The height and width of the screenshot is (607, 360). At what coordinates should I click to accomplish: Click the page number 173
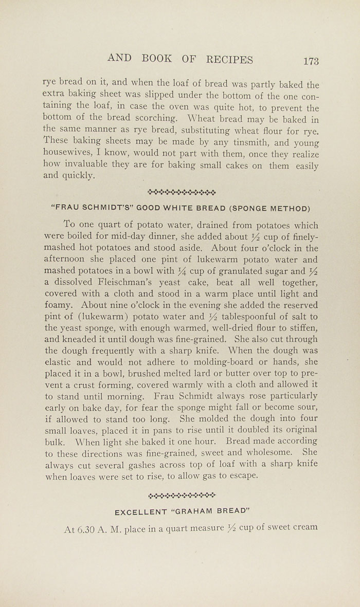click(311, 61)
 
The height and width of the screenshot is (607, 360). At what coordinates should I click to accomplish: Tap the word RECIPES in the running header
click(229, 60)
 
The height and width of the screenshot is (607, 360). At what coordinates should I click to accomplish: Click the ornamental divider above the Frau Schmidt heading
click(182, 193)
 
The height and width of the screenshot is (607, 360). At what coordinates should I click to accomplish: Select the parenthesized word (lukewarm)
click(101, 317)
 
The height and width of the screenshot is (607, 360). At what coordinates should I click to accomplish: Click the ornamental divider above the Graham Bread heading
click(182, 496)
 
